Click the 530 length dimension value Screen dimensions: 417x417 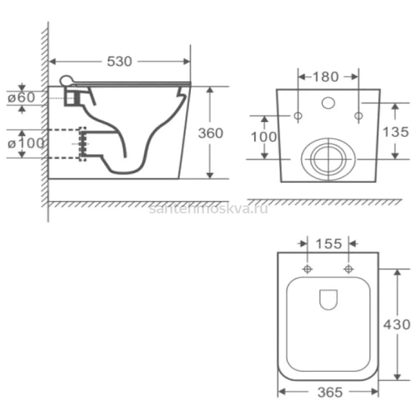coord(120,62)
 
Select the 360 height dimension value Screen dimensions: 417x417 coord(210,133)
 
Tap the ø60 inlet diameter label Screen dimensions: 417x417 coord(22,97)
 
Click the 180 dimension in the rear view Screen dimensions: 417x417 coord(326,76)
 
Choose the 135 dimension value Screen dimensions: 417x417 coord(396,132)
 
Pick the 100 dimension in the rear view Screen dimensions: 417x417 coord(263,137)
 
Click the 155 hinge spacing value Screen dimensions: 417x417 coord(329,244)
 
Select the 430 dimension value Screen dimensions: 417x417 coord(396,325)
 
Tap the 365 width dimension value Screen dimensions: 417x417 coord(330,392)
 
